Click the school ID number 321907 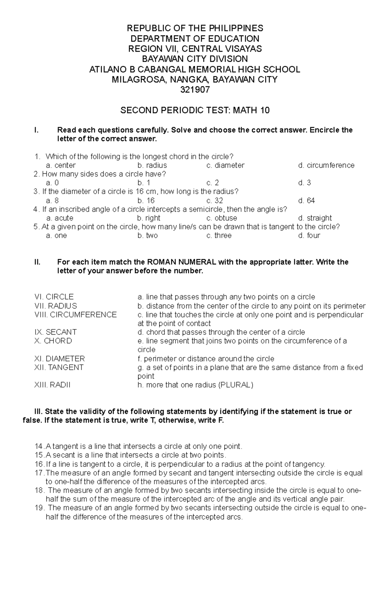click(195, 90)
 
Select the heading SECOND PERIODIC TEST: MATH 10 click(195, 110)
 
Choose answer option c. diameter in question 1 click(225, 165)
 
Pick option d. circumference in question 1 click(326, 165)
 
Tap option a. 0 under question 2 click(52, 183)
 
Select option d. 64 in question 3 click(306, 200)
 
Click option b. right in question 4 click(149, 218)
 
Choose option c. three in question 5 click(219, 235)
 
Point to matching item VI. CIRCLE click(54, 297)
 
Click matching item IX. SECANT click(55, 332)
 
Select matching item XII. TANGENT click(59, 367)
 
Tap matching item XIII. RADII click(52, 385)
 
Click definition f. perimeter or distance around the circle click(206, 359)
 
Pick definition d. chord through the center click(221, 332)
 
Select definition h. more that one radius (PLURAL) click(195, 385)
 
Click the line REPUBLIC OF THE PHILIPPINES click(195, 28)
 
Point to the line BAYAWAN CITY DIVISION click(195, 59)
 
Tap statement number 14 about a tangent click(138, 446)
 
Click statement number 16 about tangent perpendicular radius click(179, 464)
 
